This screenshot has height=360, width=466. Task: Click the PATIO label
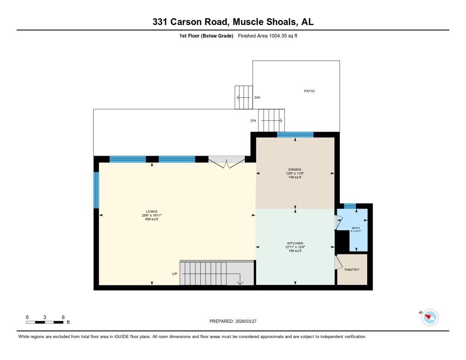(x=309, y=91)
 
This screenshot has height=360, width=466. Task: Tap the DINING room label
(x=295, y=169)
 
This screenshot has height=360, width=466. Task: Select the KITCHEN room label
(x=295, y=243)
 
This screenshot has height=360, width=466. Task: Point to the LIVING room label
(x=152, y=211)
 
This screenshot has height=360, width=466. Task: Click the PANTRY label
(x=352, y=269)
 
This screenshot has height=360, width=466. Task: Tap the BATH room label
(x=356, y=228)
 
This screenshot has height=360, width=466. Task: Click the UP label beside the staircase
(x=174, y=274)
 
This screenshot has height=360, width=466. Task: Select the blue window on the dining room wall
(x=295, y=135)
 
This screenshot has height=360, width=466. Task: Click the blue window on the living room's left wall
(x=96, y=190)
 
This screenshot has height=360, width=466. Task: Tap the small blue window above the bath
(x=350, y=206)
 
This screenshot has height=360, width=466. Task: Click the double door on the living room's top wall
(x=227, y=162)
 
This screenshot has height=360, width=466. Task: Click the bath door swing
(x=339, y=222)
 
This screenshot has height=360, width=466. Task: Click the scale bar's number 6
(x=63, y=317)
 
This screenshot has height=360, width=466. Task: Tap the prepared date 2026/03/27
(x=246, y=321)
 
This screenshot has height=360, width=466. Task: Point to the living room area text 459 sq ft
(x=152, y=219)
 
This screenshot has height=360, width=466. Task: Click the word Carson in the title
(x=186, y=22)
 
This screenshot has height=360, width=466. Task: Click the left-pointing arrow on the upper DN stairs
(x=244, y=97)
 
